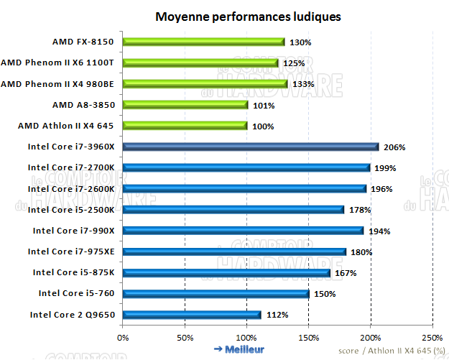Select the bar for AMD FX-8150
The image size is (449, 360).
click(x=204, y=42)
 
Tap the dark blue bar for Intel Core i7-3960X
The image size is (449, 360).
click(x=251, y=147)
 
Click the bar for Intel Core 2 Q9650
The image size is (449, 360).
click(x=193, y=314)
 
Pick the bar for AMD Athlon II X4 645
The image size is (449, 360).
click(x=185, y=126)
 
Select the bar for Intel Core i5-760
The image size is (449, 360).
click(x=216, y=293)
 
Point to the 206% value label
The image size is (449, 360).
click(x=394, y=147)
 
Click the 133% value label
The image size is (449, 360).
click(x=304, y=84)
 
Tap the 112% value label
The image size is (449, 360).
click(x=278, y=315)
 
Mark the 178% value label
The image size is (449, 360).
click(x=360, y=210)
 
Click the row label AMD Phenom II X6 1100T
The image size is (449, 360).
click(x=62, y=63)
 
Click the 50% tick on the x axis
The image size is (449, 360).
click(x=185, y=336)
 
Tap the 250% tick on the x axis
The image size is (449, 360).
click(x=432, y=336)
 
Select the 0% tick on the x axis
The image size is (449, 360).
click(x=123, y=336)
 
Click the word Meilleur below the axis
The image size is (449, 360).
click(x=244, y=349)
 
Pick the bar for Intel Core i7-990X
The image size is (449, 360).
click(x=243, y=231)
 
